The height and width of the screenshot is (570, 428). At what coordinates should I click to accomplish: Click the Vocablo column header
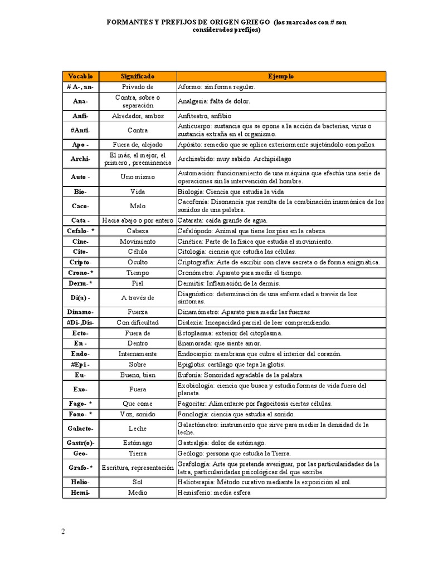point(81,76)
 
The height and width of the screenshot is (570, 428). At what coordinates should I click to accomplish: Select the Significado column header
point(138,76)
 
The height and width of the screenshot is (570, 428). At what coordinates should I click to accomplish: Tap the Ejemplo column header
point(281,76)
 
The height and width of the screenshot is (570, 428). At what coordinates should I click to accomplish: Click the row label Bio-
point(81,191)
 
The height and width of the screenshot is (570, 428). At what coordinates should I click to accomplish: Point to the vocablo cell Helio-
point(81,482)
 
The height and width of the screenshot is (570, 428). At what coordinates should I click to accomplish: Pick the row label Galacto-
point(81,428)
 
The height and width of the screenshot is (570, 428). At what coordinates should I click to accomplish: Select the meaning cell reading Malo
point(138,206)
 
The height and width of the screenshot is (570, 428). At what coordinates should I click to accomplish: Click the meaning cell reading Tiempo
point(138,273)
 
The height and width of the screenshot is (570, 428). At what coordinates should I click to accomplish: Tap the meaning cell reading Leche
point(138,428)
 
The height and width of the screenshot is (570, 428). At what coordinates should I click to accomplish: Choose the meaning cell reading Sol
point(138,482)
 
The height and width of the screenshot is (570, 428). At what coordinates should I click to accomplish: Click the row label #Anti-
point(81,130)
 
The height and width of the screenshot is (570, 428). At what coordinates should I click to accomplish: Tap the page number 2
point(64,531)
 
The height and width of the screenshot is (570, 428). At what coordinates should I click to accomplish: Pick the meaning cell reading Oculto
point(138,262)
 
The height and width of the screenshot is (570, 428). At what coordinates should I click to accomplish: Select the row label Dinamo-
point(81,312)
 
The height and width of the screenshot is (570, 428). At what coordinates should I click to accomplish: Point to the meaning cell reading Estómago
point(138,443)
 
